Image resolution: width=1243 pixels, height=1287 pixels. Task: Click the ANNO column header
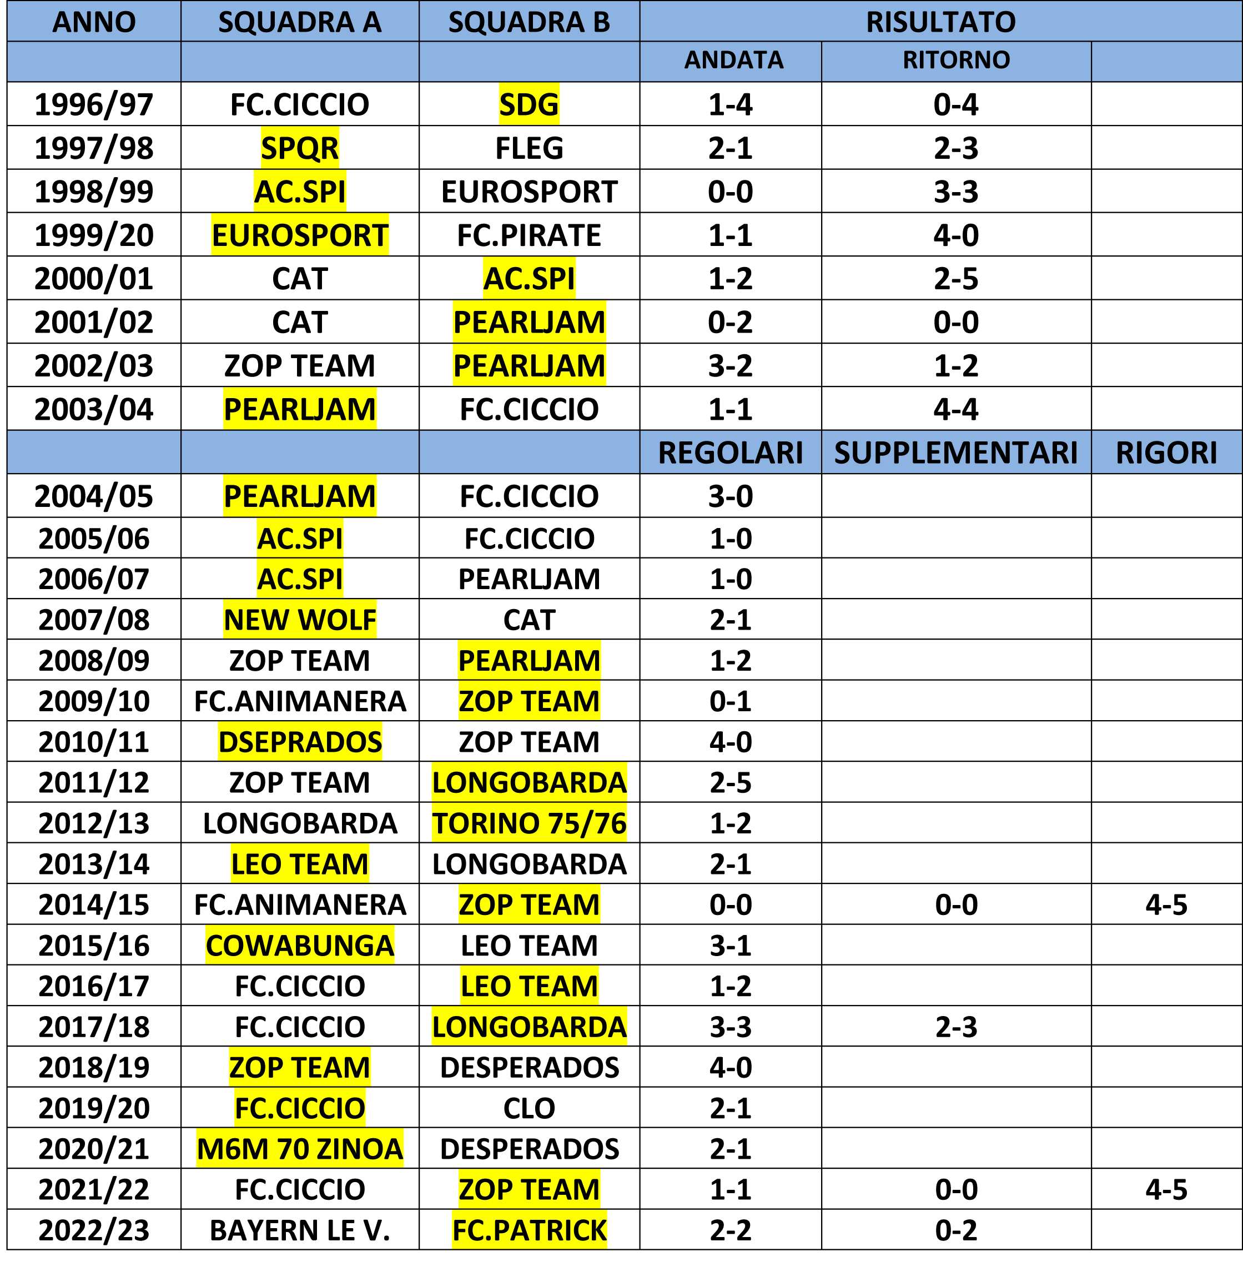(94, 22)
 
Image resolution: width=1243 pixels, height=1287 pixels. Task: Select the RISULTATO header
(940, 22)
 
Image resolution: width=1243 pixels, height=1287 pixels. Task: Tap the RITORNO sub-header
(956, 61)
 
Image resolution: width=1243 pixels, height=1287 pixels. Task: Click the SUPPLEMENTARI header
(956, 453)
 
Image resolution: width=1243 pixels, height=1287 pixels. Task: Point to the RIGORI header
(1166, 453)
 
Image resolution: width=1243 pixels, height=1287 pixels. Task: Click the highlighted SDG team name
(529, 104)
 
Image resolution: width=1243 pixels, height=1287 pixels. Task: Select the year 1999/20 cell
(94, 235)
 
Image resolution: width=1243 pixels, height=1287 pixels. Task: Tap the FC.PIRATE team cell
(529, 235)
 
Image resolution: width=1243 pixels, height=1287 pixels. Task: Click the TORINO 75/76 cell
(529, 823)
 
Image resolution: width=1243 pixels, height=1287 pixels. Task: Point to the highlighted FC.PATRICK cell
(529, 1230)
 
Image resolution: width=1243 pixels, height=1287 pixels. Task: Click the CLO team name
(529, 1108)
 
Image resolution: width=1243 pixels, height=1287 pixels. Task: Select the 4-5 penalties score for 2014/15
(1166, 905)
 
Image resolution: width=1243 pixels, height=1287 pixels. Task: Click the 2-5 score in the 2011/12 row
(730, 783)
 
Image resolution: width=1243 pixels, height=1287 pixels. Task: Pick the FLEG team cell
(529, 148)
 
